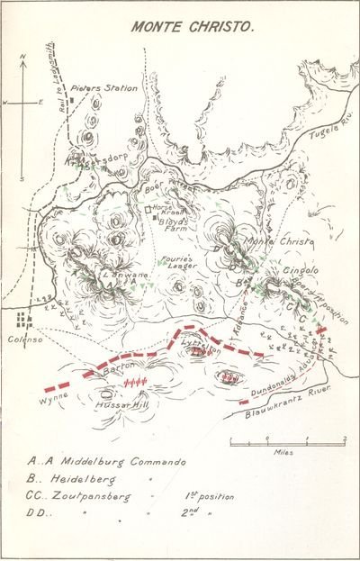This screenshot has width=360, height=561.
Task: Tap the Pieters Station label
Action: click(112, 88)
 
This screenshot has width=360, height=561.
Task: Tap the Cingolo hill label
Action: click(300, 269)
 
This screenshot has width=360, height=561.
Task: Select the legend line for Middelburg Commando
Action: click(107, 463)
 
